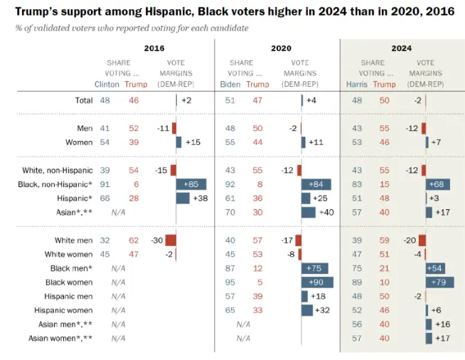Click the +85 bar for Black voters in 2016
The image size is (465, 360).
(191, 184)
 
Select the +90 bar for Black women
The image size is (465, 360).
(317, 282)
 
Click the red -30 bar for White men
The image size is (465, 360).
(171, 240)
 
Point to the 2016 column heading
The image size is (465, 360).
(155, 48)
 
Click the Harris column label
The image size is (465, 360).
(357, 84)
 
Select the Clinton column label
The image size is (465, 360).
(107, 84)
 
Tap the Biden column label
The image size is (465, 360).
(231, 84)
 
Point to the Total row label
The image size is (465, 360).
(83, 100)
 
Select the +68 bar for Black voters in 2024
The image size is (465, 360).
(437, 184)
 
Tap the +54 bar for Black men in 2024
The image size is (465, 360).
(435, 268)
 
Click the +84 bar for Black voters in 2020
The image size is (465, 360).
(316, 184)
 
